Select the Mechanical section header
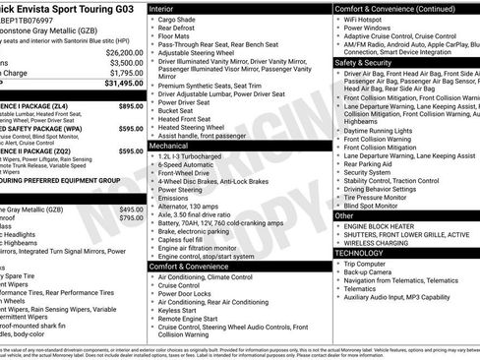click(x=170, y=144)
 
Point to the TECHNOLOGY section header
click(x=362, y=253)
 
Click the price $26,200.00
click(x=124, y=51)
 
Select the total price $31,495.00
click(x=124, y=83)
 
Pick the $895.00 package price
click(x=130, y=105)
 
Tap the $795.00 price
click(x=130, y=218)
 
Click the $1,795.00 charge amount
click(x=124, y=72)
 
